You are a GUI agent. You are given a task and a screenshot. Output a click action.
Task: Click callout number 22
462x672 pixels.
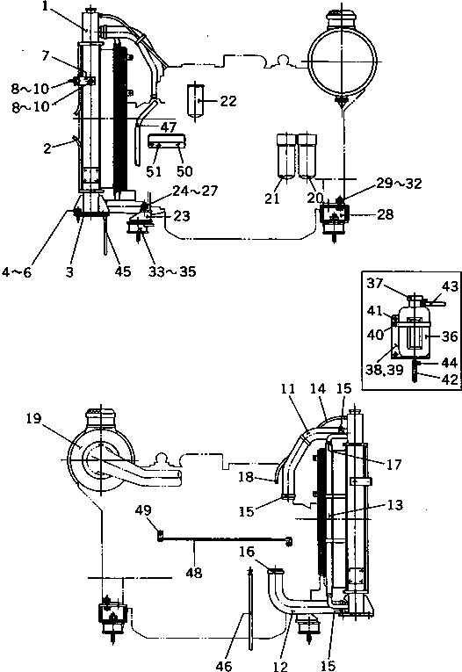point(228,101)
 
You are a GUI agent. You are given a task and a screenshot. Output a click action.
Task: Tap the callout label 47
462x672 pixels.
point(169,127)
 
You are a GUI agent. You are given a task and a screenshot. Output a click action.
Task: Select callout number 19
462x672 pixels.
point(33,418)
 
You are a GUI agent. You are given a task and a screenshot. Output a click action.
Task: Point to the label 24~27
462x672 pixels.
point(196,191)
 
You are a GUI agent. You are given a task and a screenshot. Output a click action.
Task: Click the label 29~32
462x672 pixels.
point(400,184)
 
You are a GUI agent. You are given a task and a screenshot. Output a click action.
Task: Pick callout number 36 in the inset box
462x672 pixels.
point(450,336)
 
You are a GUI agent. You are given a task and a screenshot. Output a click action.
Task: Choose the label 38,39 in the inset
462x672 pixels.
point(385,370)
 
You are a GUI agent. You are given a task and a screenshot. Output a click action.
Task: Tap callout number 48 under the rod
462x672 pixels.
point(194,572)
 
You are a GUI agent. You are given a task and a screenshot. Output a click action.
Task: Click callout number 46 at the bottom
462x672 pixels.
point(224,665)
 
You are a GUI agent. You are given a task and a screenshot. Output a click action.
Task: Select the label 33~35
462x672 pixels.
point(172,271)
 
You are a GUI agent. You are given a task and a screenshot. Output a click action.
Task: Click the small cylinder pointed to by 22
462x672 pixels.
point(196,100)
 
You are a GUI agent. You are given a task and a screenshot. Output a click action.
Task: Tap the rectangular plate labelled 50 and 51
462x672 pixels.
point(167,141)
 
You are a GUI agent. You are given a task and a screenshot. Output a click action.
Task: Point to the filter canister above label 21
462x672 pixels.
point(285,155)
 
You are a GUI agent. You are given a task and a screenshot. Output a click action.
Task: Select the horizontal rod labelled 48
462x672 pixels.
point(226,539)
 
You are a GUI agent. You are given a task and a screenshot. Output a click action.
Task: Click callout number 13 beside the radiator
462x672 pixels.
point(394,505)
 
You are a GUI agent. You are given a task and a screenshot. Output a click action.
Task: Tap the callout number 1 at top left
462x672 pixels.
point(46,7)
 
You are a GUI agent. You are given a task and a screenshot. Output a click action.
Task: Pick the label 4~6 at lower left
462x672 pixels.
point(17,272)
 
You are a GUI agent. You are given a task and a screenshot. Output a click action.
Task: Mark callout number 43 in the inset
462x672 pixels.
point(450,286)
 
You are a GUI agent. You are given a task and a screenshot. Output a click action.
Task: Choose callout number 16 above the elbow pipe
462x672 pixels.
point(247,552)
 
